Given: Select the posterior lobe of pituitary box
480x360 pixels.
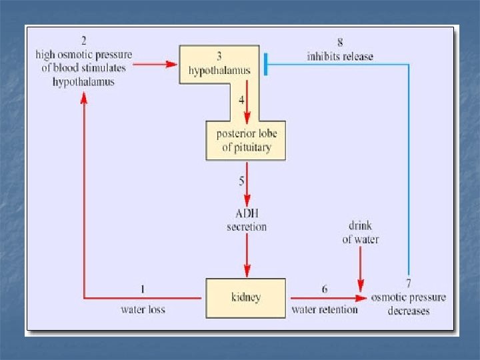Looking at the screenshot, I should click(x=246, y=141).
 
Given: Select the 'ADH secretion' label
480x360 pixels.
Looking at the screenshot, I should click(x=246, y=220).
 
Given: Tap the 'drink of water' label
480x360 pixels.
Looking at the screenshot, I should click(x=361, y=233).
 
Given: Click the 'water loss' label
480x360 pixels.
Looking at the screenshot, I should click(x=143, y=309).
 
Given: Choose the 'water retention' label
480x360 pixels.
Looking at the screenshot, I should click(x=324, y=309).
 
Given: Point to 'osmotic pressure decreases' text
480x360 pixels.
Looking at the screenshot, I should click(x=408, y=303).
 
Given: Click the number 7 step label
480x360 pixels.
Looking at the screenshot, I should click(x=408, y=283).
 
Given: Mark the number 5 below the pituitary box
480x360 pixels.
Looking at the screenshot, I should click(x=241, y=181).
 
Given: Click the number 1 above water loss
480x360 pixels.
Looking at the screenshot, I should click(x=142, y=289).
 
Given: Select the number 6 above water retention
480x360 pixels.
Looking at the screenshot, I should click(x=324, y=289).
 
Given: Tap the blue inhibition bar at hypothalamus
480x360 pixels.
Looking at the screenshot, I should click(x=265, y=65).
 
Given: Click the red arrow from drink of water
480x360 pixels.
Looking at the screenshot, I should click(x=361, y=270).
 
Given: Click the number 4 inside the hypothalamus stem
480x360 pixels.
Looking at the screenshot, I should click(x=241, y=101).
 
